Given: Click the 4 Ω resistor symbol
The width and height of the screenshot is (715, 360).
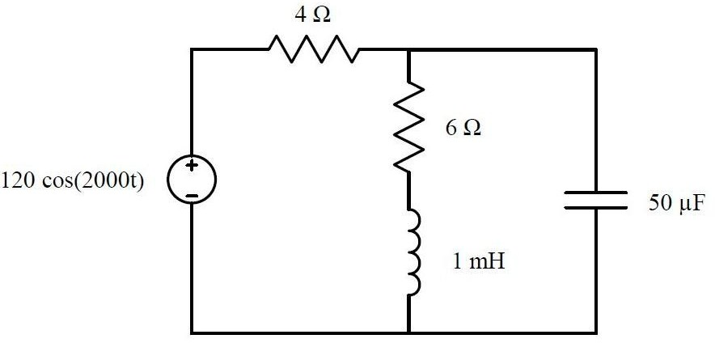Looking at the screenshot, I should pos(312,50).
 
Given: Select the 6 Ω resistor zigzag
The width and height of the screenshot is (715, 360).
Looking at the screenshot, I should pos(409,125).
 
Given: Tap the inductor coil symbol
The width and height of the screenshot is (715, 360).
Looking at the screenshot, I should pos(412,252).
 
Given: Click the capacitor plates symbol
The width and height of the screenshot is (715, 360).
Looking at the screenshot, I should pos(596,200).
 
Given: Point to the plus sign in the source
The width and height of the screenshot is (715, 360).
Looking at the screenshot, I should pos(192,167).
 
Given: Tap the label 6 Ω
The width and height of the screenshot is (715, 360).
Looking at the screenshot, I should pos(463,129).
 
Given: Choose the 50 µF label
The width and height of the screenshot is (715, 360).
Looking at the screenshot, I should pos(671,203).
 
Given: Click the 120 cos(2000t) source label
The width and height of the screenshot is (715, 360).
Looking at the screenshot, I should pos(74,180).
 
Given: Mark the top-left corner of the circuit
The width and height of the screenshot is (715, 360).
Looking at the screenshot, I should pos(192,49).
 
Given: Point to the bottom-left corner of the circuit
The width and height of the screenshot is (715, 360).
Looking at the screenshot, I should pos(192,332).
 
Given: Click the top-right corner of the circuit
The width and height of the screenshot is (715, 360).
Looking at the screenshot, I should pos(596,49).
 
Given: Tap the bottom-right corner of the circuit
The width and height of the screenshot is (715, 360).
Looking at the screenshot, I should pos(596,332).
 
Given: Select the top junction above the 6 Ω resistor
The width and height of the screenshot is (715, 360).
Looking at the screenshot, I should pos(409,49).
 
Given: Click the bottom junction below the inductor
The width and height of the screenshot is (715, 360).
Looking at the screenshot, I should pos(409,332).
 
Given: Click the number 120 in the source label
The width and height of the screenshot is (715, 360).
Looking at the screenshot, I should pos(19,180).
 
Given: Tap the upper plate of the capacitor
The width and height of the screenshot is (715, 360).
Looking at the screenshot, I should pos(596,193).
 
